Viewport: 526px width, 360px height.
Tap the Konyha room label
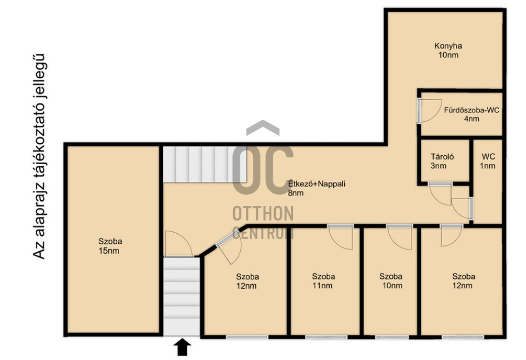448,46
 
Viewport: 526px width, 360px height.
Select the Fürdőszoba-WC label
472,110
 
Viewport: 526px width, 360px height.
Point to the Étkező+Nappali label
317,184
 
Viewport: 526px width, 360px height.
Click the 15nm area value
108,250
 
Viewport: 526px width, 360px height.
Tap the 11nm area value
322,286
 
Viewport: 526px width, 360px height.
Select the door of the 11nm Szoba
340,237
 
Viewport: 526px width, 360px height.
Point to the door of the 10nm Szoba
399,237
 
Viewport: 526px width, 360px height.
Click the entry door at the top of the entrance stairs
178,244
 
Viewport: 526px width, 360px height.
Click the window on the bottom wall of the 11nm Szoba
326,337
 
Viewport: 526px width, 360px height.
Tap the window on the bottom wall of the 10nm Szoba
392,337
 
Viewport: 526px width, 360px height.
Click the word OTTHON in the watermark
263,214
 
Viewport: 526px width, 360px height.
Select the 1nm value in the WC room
488,166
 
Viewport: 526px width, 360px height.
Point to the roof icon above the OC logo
262,127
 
